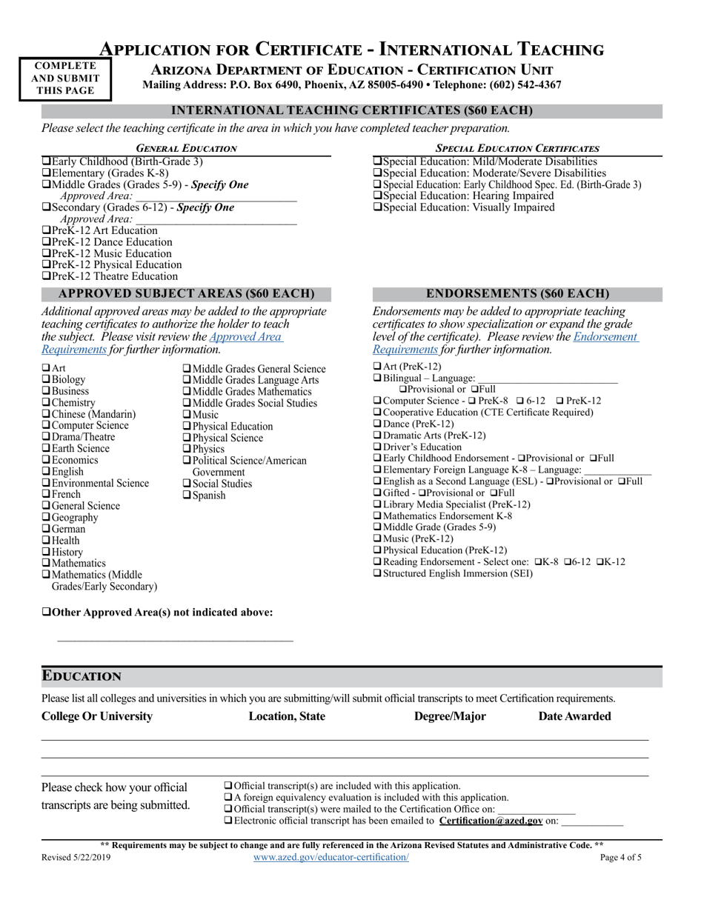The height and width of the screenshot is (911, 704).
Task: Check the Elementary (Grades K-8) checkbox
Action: click(46, 173)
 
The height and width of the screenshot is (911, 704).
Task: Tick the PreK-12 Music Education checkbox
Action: click(46, 253)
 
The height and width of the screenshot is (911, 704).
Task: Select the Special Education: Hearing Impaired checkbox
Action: click(377, 196)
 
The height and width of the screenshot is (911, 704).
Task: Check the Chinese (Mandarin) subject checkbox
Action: click(46, 414)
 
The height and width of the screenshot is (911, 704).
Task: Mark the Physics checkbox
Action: click(187, 449)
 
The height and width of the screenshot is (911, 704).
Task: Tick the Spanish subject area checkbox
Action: click(187, 495)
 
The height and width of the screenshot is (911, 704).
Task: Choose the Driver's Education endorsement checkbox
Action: click(377, 447)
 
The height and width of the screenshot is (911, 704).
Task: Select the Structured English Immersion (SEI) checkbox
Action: click(377, 573)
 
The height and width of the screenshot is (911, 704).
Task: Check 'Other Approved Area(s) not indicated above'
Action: click(46, 612)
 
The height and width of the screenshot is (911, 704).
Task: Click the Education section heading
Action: click(82, 676)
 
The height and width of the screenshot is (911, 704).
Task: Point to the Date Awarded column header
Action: click(574, 716)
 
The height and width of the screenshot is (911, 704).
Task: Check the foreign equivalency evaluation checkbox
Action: click(228, 797)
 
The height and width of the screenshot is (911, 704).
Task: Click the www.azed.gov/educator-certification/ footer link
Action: click(331, 857)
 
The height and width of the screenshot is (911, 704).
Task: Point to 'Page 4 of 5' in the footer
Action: click(621, 858)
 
